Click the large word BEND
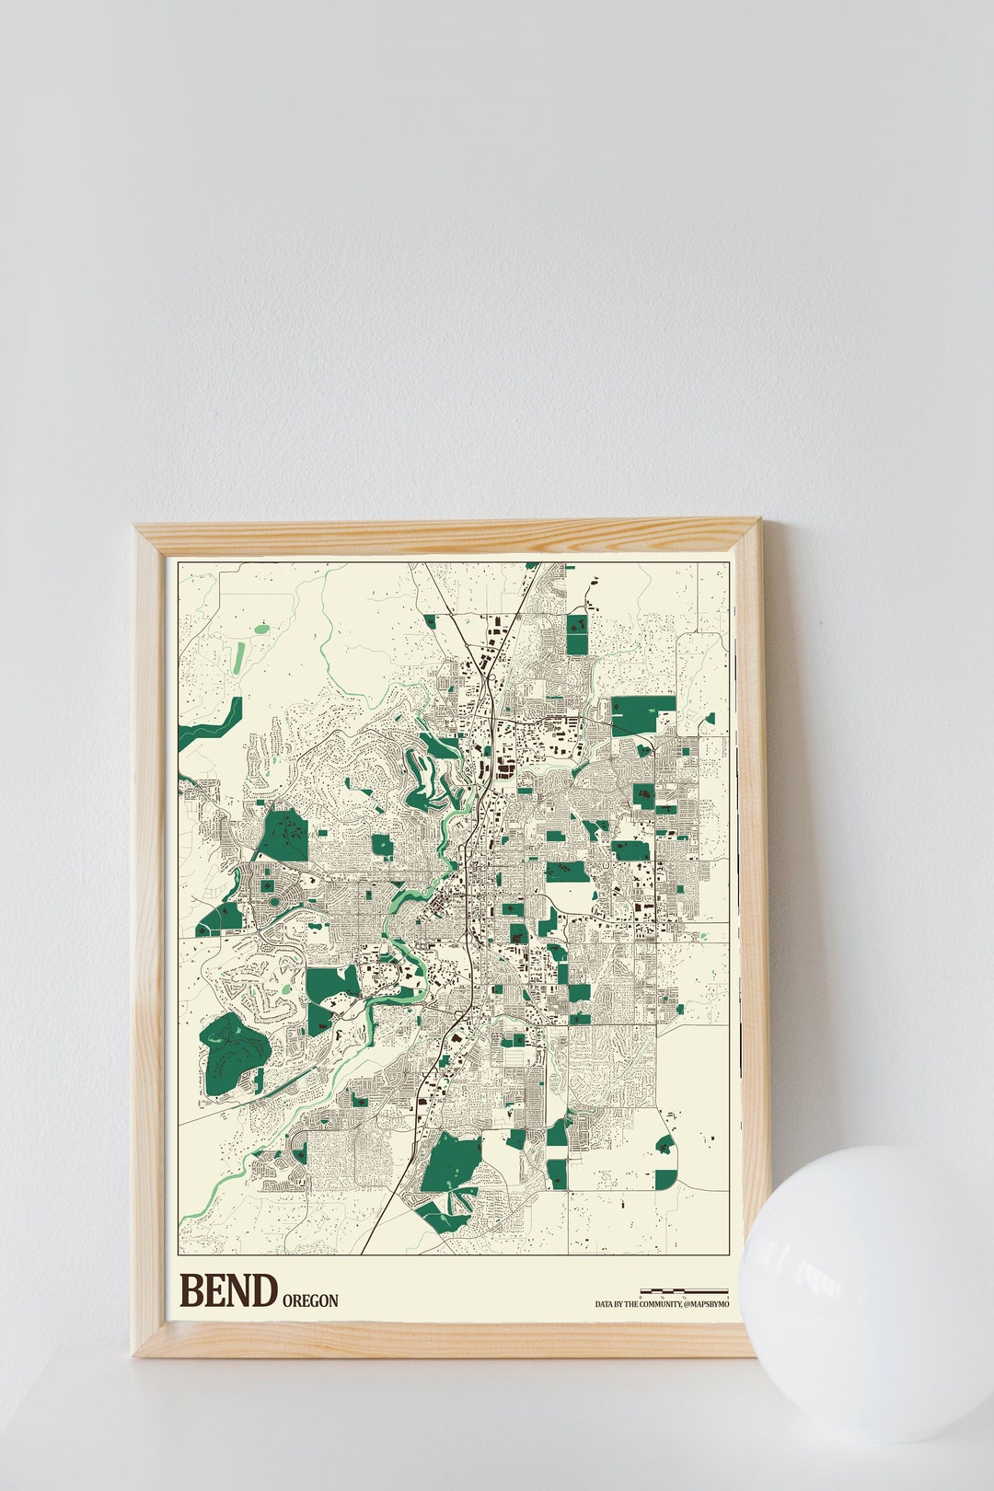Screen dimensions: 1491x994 click(x=228, y=1290)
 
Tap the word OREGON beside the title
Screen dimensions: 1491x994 click(x=310, y=1300)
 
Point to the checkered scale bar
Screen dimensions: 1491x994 click(x=683, y=1291)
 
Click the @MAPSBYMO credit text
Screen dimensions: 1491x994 click(x=707, y=1305)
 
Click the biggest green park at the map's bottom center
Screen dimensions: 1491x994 click(x=451, y=1163)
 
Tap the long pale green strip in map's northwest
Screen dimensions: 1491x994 click(x=239, y=657)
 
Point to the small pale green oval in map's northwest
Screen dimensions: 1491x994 click(x=261, y=630)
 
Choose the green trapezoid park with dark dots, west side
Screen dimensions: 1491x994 click(x=283, y=836)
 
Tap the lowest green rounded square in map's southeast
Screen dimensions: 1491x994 click(x=665, y=1179)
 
